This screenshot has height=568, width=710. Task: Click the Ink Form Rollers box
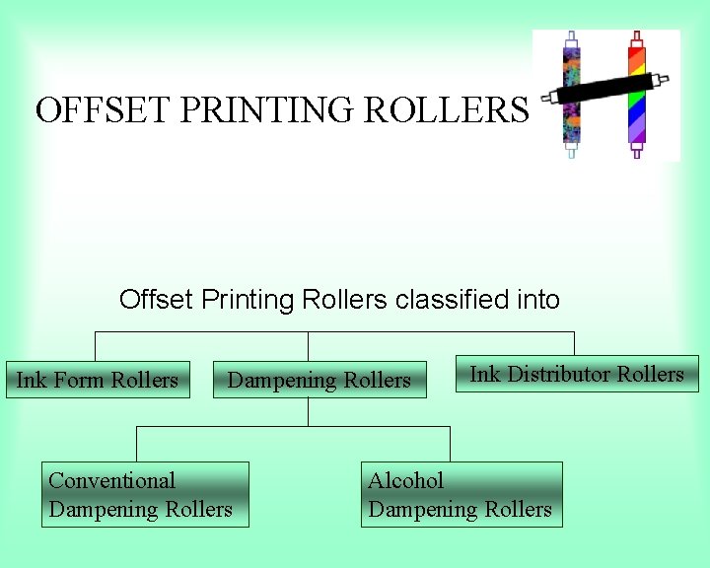coord(98,380)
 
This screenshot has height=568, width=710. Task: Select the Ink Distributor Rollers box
coord(577,374)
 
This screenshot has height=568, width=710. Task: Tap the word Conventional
coord(111,480)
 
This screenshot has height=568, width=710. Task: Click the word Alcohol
coord(405,480)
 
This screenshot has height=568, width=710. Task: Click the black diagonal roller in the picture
coord(605,90)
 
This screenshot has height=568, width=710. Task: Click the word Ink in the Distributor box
coord(484,374)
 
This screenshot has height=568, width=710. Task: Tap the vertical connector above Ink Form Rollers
coord(95,346)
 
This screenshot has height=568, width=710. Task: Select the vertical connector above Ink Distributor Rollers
coord(574,343)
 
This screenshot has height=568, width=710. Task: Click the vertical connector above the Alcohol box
coord(450,444)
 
